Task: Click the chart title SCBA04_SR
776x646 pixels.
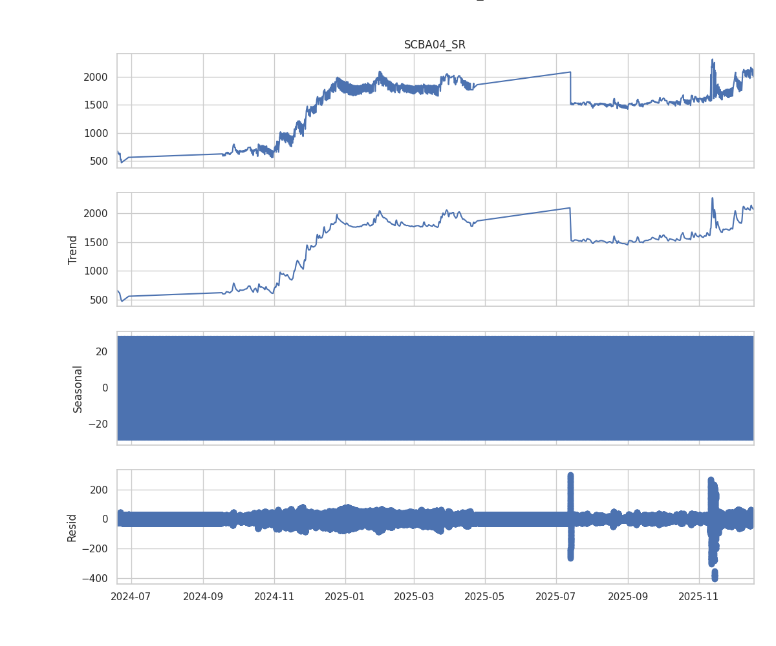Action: [435, 45]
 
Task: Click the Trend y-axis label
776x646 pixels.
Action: [73, 249]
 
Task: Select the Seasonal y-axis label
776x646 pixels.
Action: [78, 388]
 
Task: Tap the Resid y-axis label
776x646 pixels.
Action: [72, 527]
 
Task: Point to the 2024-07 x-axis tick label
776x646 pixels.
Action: [131, 596]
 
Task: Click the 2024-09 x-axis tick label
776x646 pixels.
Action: [203, 596]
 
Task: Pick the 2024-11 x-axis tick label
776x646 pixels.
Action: [274, 596]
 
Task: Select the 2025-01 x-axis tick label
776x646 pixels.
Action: [345, 596]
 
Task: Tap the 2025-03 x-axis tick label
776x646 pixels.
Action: [414, 596]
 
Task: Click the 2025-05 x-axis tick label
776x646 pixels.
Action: [485, 596]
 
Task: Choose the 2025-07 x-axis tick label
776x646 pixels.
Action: [556, 596]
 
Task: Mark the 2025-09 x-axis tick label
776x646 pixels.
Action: [628, 596]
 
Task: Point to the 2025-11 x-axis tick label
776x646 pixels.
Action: [699, 596]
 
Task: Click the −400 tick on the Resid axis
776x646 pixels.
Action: [96, 578]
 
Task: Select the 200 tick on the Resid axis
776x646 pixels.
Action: [100, 490]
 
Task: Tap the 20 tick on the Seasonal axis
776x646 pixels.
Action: [102, 351]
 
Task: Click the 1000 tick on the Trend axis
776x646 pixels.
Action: [95, 271]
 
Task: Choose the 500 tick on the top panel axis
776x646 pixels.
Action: [99, 161]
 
